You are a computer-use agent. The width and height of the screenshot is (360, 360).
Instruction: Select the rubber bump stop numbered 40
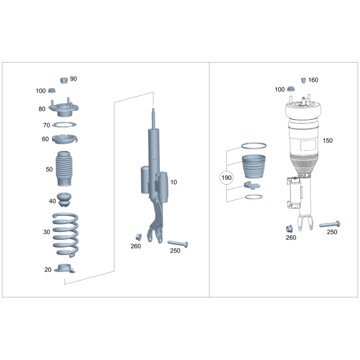tap(64, 200)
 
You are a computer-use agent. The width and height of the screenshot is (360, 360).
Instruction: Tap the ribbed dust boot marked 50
tap(64, 169)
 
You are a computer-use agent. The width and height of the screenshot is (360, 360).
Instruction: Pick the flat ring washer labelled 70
tap(64, 125)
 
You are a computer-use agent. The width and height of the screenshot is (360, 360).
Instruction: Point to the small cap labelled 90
tap(64, 80)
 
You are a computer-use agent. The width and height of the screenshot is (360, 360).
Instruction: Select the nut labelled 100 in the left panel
tap(52, 91)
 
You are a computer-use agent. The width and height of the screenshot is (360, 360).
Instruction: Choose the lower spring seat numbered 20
tap(64, 268)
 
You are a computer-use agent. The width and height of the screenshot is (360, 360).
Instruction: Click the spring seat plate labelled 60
tap(65, 139)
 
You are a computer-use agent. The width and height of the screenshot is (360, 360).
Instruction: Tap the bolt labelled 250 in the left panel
tap(178, 243)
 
